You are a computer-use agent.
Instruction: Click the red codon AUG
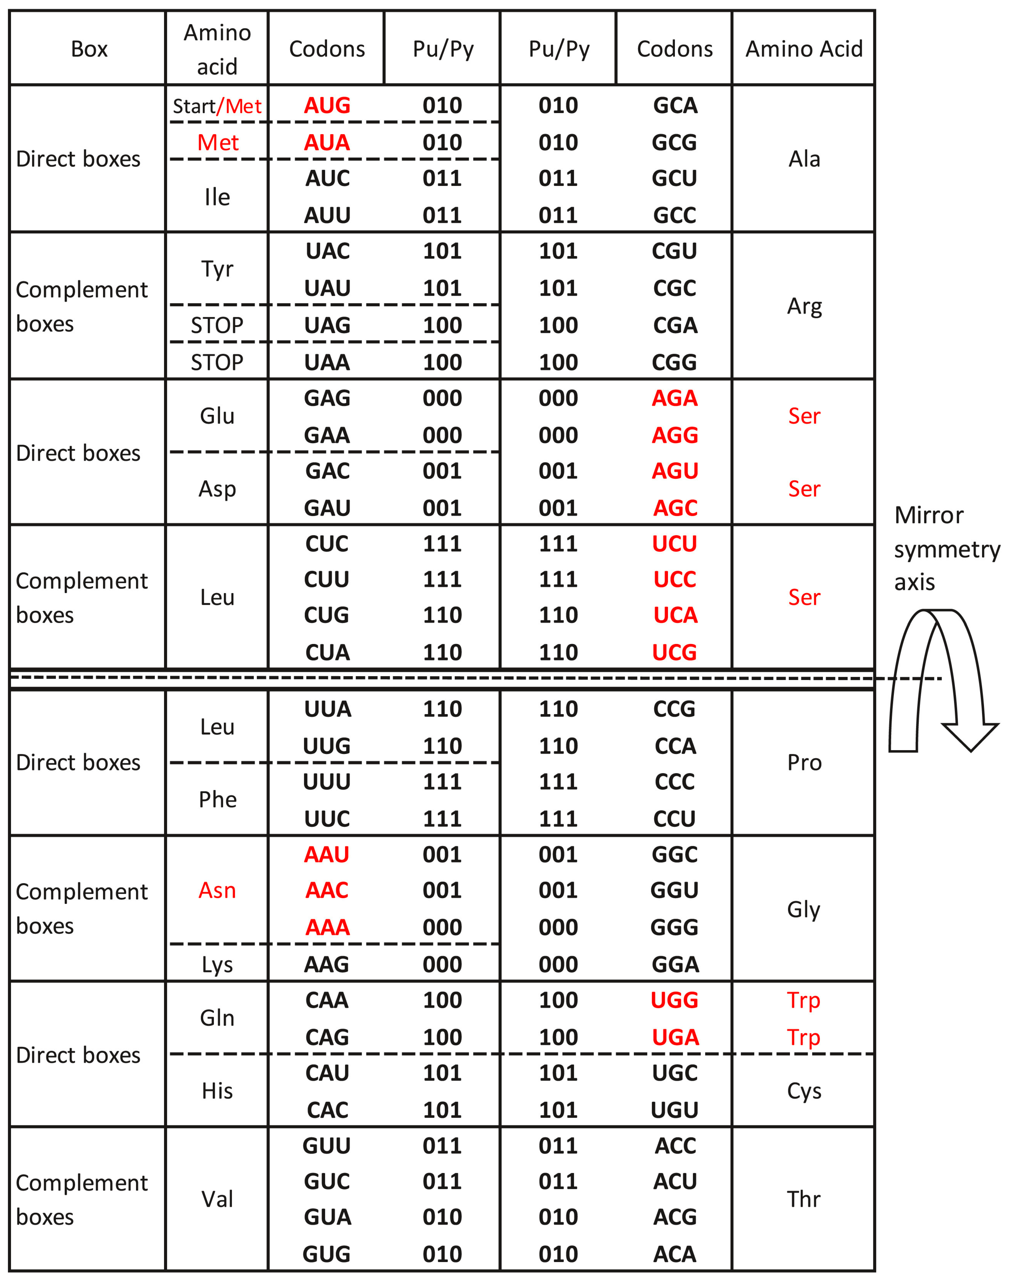tap(327, 106)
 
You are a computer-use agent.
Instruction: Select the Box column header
tap(89, 49)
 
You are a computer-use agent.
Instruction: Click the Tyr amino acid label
tap(217, 269)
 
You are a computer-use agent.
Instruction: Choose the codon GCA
tap(675, 106)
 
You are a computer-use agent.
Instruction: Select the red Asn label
tap(217, 890)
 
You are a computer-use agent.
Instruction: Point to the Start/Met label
tap(217, 106)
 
